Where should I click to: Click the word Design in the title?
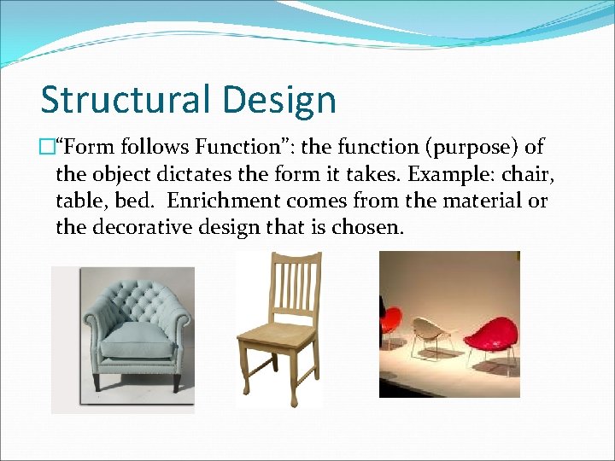coord(283,100)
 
